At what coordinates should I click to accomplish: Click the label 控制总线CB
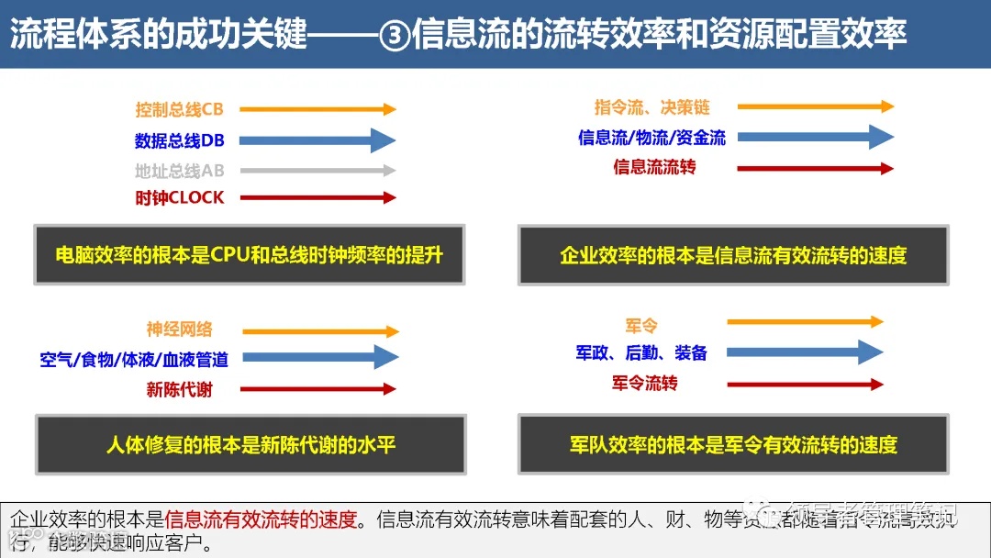coord(179,110)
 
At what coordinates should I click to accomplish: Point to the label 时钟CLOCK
coord(179,198)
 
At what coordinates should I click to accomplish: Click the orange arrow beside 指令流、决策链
coord(815,106)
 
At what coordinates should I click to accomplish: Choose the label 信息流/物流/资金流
coord(651,138)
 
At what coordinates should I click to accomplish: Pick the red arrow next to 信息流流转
coord(815,169)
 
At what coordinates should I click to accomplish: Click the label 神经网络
coord(179,329)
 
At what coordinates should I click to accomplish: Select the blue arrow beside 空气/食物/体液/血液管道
coord(320,357)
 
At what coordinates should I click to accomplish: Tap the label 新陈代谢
coord(179,389)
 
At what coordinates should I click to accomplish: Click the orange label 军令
coord(641,326)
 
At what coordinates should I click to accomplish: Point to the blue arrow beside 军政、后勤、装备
coord(804,352)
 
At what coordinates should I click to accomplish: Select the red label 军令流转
coord(644,382)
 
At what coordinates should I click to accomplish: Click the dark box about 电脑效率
coord(249,254)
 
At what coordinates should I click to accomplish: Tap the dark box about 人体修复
coord(250,446)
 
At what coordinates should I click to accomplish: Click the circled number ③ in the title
coord(394,35)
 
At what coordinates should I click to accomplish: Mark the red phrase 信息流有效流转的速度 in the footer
coord(260,519)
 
